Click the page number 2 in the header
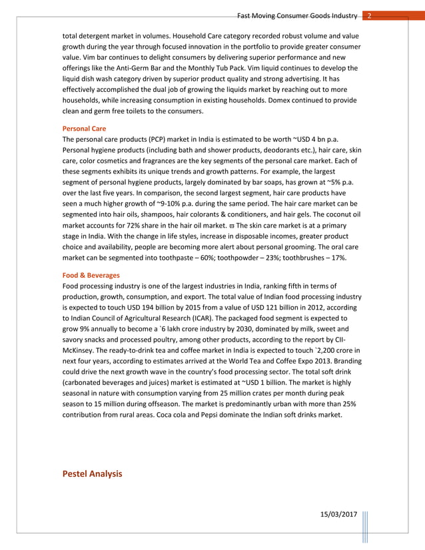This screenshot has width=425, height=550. [370, 15]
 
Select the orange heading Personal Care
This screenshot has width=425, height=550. [84, 128]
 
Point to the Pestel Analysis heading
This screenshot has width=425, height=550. [92, 473]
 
